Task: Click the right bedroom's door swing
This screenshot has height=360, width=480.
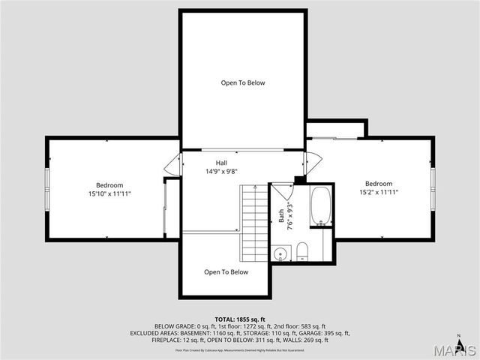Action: pos(313,163)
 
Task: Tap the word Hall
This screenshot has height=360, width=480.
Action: pos(221,163)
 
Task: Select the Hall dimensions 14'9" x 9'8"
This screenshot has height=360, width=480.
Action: pos(221,172)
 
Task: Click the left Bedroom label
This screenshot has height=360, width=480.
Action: pos(109,185)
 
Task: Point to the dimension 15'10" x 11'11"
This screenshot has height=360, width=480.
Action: pos(109,193)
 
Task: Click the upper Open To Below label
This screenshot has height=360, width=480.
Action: pos(242,82)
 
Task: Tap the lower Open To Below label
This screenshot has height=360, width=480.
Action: pos(226,272)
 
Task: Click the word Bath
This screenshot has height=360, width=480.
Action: pos(282,217)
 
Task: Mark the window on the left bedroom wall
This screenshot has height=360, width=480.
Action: pos(47,185)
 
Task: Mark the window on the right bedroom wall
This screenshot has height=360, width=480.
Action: pos(433,185)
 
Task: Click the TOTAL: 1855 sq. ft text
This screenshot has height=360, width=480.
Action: pos(240,319)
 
